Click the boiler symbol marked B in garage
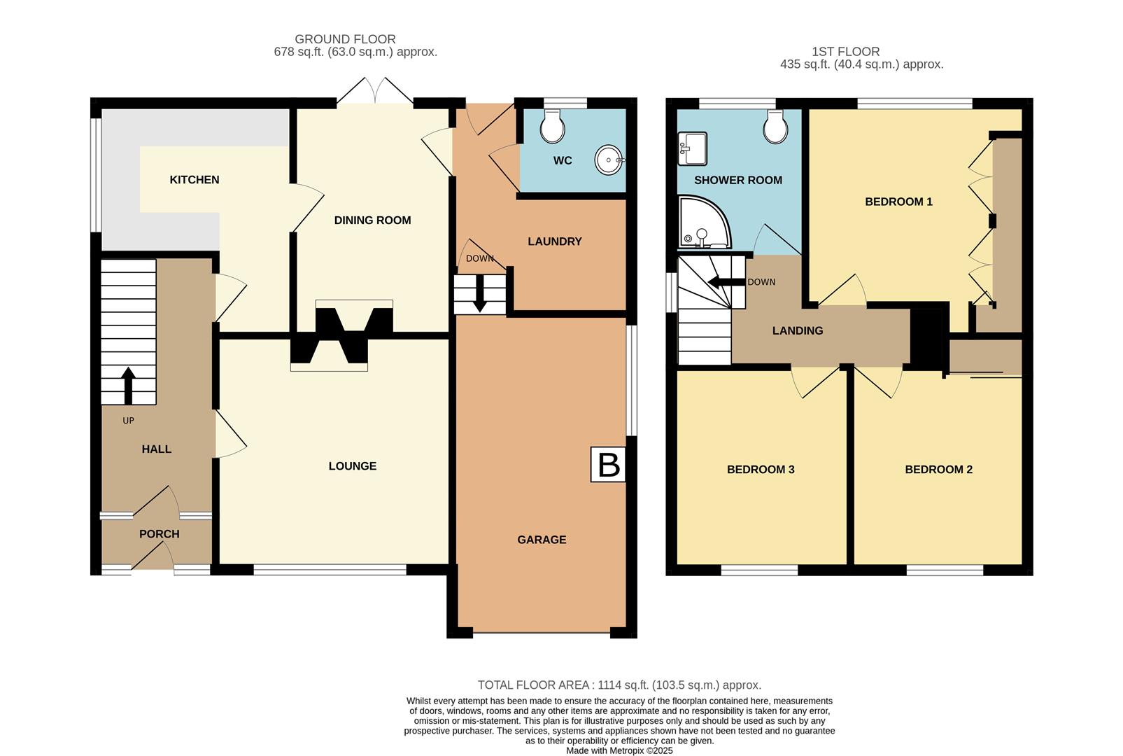(x=608, y=465)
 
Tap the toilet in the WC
(x=553, y=127)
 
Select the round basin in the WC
(x=609, y=160)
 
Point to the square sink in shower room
(x=692, y=148)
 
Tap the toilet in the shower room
(x=776, y=127)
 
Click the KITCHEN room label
(x=195, y=180)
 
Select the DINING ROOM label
(x=372, y=220)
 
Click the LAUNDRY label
(x=555, y=241)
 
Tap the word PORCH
(x=160, y=534)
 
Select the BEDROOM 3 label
(x=761, y=470)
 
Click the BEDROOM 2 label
(x=938, y=470)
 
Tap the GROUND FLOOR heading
(x=345, y=39)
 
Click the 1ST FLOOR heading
(x=845, y=51)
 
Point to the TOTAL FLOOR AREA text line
(x=619, y=685)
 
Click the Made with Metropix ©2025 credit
(x=619, y=750)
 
